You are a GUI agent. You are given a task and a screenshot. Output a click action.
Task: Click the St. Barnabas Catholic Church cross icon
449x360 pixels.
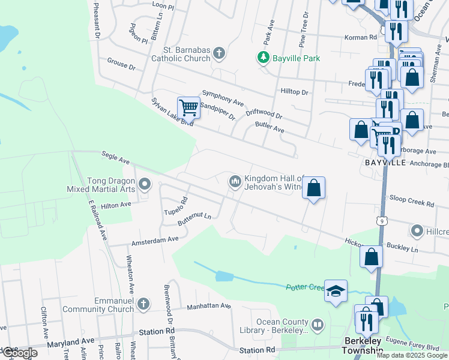pyautogui.click(x=219, y=53)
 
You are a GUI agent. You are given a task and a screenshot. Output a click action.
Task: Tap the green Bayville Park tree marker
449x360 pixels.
pyautogui.click(x=262, y=58)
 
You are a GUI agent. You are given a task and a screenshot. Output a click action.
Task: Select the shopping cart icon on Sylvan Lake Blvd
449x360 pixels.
pyautogui.click(x=188, y=108)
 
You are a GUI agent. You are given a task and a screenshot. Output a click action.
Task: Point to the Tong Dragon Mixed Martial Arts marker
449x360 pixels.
pyautogui.click(x=143, y=184)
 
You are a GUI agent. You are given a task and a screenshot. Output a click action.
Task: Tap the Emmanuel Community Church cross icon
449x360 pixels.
pyautogui.click(x=143, y=305)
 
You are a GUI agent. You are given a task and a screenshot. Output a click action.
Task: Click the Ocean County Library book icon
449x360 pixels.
pyautogui.click(x=318, y=325)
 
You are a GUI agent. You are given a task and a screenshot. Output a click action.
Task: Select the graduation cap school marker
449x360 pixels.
pyautogui.click(x=336, y=292)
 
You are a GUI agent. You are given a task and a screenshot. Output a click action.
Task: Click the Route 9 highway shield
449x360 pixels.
pyautogui.click(x=382, y=221)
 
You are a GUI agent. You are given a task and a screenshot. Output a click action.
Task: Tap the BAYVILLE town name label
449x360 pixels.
pyautogui.click(x=385, y=163)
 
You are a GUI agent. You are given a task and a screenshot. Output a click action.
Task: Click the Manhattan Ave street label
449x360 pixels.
pyautogui.click(x=208, y=306)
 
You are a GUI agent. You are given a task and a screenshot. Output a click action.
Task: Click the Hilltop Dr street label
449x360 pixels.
pyautogui.click(x=294, y=92)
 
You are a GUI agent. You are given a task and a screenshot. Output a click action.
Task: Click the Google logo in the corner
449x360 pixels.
pyautogui.click(x=19, y=353)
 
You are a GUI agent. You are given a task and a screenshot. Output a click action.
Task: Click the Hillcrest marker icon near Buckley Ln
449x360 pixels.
pyautogui.click(x=417, y=230)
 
